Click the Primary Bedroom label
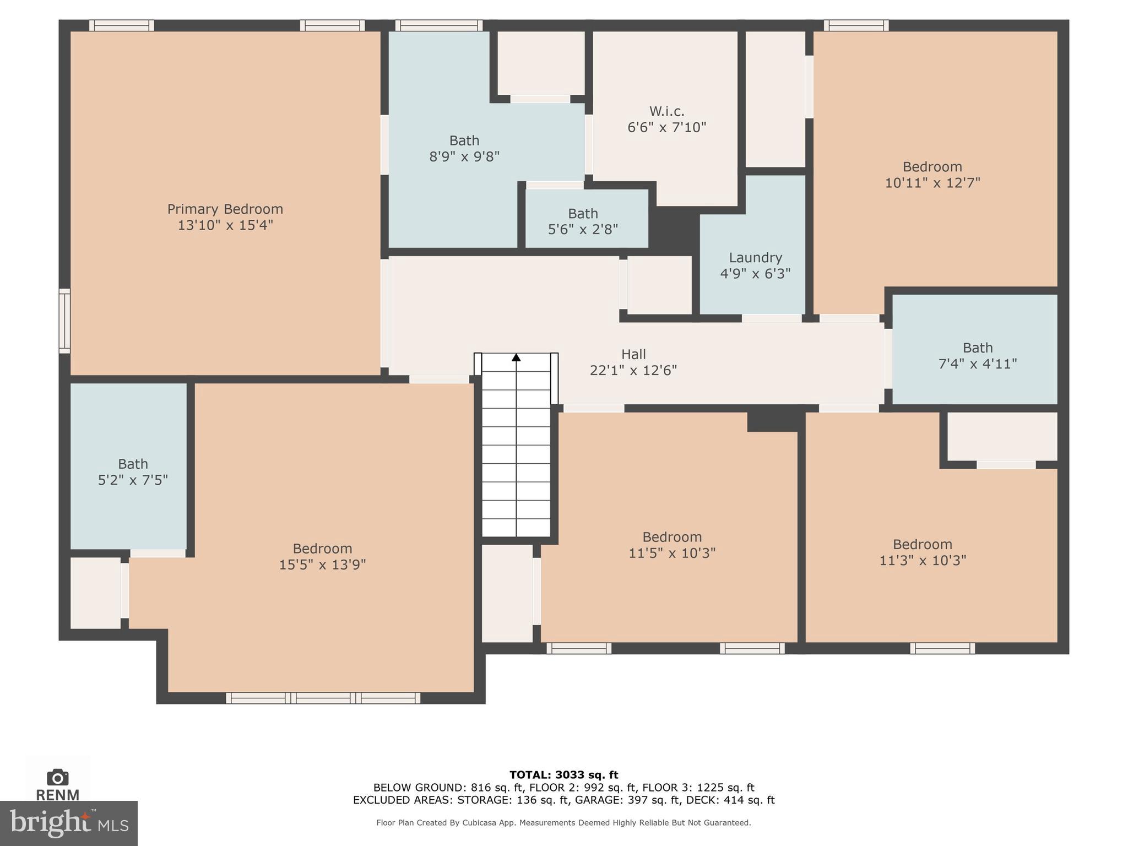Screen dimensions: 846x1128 click(x=225, y=209)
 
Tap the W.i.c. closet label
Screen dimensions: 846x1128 click(x=666, y=112)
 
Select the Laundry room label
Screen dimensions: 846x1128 click(x=755, y=258)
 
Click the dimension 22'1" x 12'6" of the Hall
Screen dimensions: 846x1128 click(x=633, y=371)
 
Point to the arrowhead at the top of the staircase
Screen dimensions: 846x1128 click(x=516, y=357)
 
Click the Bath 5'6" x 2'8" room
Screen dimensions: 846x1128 click(x=583, y=221)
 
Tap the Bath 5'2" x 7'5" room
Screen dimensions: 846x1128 click(x=133, y=472)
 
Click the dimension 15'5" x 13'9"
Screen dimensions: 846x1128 click(x=322, y=565)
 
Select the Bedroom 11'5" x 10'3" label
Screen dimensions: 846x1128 click(x=671, y=537)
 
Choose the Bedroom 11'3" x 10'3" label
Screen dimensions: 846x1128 click(x=922, y=545)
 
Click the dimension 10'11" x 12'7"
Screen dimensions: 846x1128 click(x=932, y=183)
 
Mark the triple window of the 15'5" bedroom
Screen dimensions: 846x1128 click(x=323, y=698)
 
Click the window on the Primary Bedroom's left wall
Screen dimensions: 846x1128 click(x=64, y=321)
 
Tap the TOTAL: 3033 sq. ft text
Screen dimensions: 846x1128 click(x=563, y=775)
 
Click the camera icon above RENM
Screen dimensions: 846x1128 click(x=57, y=778)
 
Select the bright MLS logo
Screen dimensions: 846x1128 click(x=68, y=823)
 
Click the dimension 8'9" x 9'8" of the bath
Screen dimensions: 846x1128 click(x=464, y=157)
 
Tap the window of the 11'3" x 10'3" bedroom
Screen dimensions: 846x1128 click(x=942, y=648)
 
